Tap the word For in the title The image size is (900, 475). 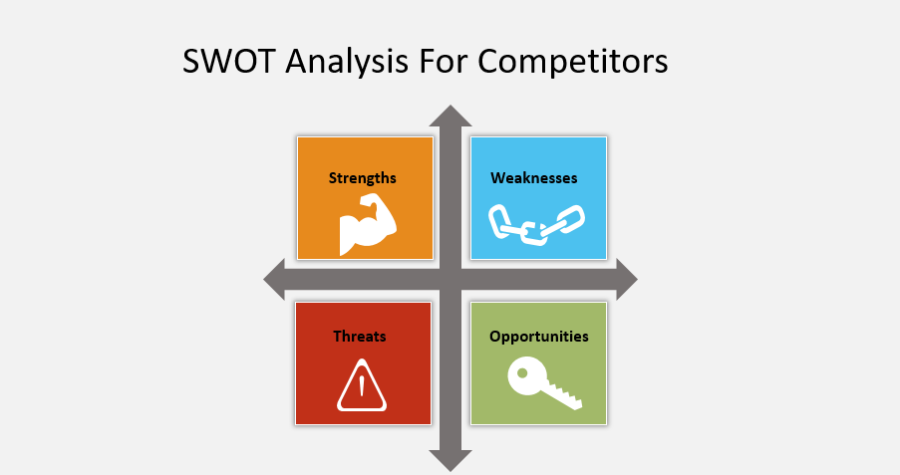pyautogui.click(x=444, y=61)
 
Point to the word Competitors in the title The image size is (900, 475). pyautogui.click(x=573, y=62)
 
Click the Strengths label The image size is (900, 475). pyautogui.click(x=362, y=178)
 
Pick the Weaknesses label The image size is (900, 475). pyautogui.click(x=534, y=178)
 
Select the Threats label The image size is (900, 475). pyautogui.click(x=360, y=337)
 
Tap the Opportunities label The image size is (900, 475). pyautogui.click(x=539, y=337)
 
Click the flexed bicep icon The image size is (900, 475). pyautogui.click(x=368, y=224)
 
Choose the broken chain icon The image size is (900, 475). pyautogui.click(x=536, y=224)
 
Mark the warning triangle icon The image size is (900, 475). pyautogui.click(x=362, y=385)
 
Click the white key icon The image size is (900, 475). pyautogui.click(x=544, y=382)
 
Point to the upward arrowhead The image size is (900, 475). pyautogui.click(x=450, y=116)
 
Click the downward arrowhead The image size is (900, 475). pyautogui.click(x=450, y=461)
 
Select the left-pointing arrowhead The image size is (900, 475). pyautogui.click(x=274, y=280)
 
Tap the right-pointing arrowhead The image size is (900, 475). pyautogui.click(x=627, y=280)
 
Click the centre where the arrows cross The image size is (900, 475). pyautogui.click(x=450, y=280)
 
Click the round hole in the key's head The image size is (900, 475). pyautogui.click(x=522, y=372)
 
